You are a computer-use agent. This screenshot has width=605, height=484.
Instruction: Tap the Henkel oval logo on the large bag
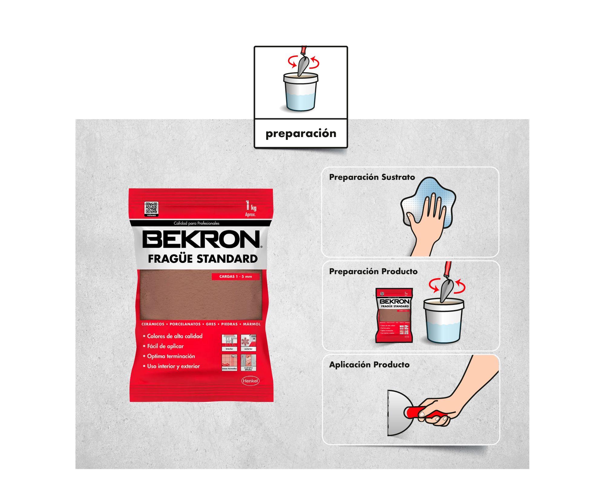pyautogui.click(x=250, y=381)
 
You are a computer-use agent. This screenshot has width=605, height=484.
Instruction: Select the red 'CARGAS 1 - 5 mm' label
pyautogui.click(x=236, y=276)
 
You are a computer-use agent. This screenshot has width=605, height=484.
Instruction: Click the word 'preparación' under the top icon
pyautogui.click(x=301, y=133)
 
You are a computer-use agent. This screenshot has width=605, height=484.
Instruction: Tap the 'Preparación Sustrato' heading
pyautogui.click(x=372, y=177)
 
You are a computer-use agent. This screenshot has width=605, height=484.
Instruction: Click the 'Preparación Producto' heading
pyautogui.click(x=373, y=271)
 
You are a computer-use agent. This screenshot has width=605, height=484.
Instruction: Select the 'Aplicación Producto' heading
pyautogui.click(x=369, y=365)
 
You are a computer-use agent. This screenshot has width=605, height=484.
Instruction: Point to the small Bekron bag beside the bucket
pyautogui.click(x=394, y=315)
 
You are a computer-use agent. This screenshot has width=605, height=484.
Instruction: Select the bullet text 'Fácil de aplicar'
pyautogui.click(x=165, y=346)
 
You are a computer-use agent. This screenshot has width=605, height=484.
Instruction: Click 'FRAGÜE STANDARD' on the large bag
pyautogui.click(x=202, y=259)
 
